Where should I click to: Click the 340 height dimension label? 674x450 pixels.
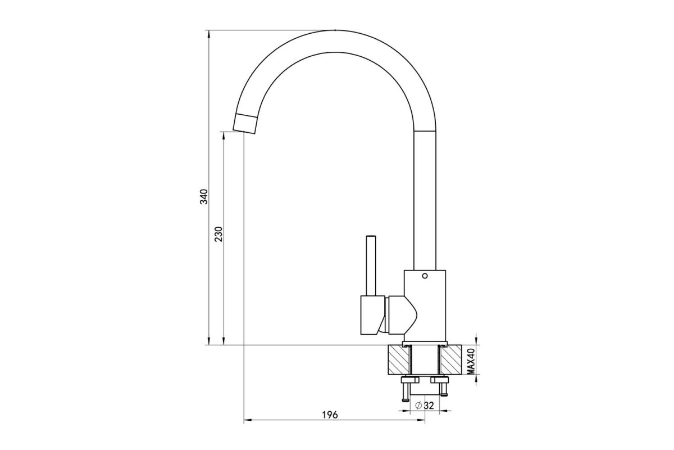click(204, 197)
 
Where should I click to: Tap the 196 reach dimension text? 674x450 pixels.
click(330, 415)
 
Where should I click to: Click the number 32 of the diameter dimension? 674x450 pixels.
click(429, 406)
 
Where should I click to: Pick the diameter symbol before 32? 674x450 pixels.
click(418, 406)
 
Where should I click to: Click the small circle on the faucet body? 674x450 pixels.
click(425, 276)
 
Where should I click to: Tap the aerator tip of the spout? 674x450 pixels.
click(245, 124)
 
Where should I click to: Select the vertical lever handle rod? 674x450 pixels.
click(371, 265)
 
